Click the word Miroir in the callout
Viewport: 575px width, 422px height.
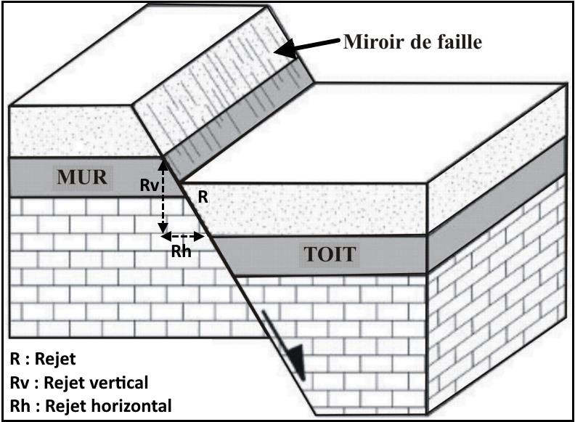(x=371, y=43)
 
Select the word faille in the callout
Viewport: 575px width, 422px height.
(x=458, y=43)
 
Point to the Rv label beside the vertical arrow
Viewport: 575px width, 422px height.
(x=148, y=185)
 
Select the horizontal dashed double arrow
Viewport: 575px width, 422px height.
(x=183, y=236)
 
